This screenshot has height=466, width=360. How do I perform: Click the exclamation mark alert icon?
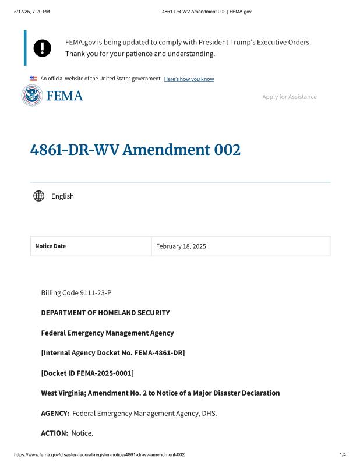43,48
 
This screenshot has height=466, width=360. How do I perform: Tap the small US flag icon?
33,78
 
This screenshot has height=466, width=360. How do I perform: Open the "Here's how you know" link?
189,79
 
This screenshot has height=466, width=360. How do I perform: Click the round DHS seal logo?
32,96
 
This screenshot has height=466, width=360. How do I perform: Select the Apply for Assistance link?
289,97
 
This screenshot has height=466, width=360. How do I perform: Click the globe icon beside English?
39,196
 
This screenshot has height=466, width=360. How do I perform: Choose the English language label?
62,196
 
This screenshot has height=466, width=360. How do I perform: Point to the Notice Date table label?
51,246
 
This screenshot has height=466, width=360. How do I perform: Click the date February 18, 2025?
181,246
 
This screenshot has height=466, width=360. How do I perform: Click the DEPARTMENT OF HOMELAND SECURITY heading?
105,313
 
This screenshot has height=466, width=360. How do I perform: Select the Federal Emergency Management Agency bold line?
107,333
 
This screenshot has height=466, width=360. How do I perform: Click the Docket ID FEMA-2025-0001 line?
87,373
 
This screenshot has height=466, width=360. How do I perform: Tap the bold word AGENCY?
55,414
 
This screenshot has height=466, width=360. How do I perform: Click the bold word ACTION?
55,433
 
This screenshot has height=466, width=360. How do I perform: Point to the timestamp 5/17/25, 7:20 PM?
33,11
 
